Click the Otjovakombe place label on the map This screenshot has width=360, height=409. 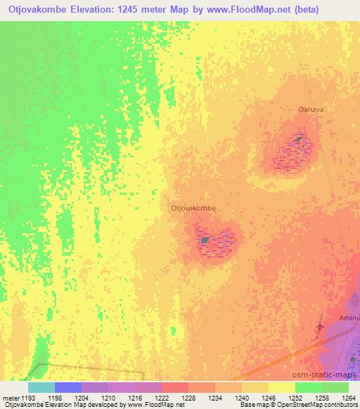pyautogui.click(x=193, y=208)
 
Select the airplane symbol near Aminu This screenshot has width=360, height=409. pyautogui.click(x=321, y=326)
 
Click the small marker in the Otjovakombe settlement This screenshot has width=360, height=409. pyautogui.click(x=205, y=240)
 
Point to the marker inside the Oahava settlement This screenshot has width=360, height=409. pyautogui.click(x=298, y=140)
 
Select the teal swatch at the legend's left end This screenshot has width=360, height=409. pyautogui.click(x=41, y=387)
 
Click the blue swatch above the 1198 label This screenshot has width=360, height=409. pyautogui.click(x=68, y=387)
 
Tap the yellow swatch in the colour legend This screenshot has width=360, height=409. pyautogui.click(x=281, y=387)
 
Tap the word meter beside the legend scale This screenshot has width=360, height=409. pyautogui.click(x=11, y=398)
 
